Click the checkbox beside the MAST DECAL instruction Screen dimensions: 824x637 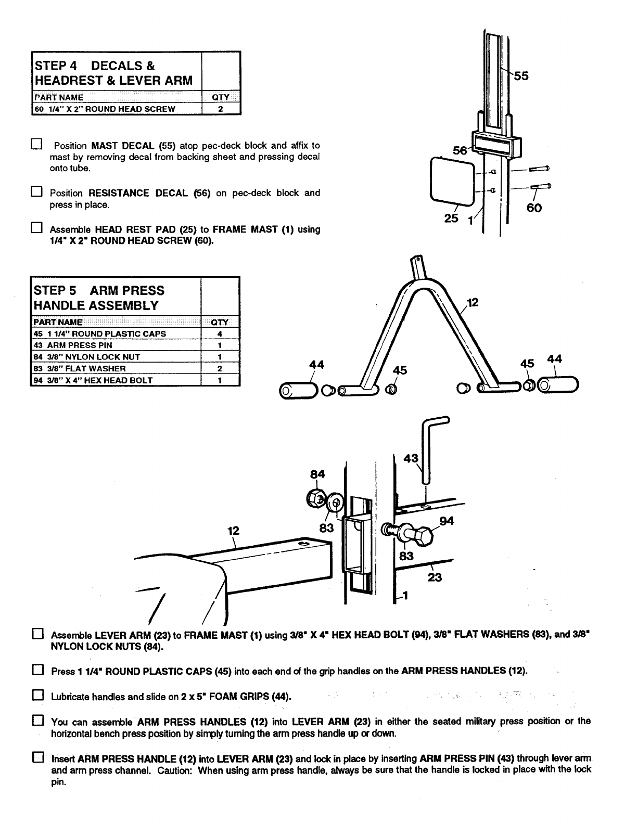click(36, 144)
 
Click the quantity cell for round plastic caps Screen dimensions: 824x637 click(220, 334)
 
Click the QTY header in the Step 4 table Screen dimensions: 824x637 click(220, 97)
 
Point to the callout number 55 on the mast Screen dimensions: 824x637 click(521, 76)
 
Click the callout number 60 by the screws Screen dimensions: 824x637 click(534, 208)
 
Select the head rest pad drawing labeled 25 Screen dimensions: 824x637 click(452, 182)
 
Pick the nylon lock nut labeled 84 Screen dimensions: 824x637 click(315, 499)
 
